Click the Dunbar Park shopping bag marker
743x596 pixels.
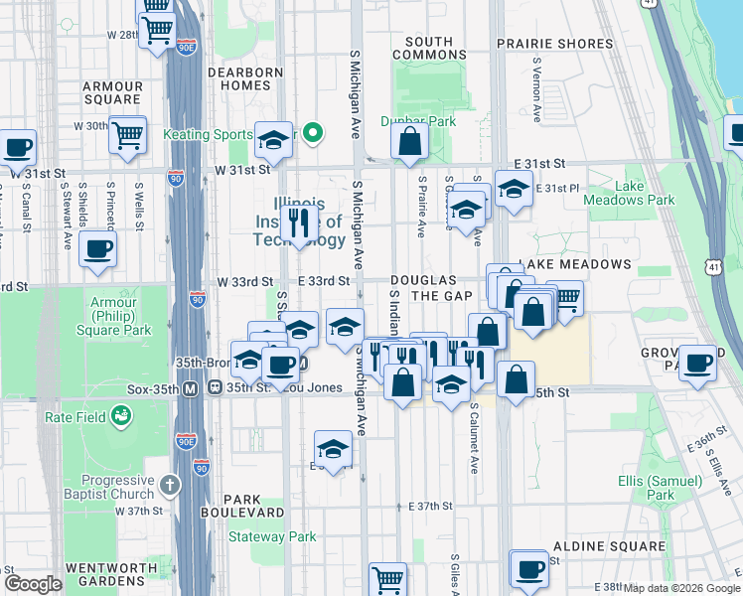(x=409, y=143)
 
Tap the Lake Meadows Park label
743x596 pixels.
(x=645, y=193)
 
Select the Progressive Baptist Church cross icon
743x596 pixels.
(x=170, y=485)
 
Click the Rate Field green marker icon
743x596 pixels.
(x=121, y=416)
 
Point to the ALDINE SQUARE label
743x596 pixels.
(x=609, y=546)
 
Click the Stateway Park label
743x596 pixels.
(x=272, y=537)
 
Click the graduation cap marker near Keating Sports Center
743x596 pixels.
(x=274, y=142)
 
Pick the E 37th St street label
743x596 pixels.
(x=430, y=506)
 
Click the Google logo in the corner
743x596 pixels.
(x=33, y=585)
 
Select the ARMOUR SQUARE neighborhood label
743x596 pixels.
(x=112, y=93)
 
